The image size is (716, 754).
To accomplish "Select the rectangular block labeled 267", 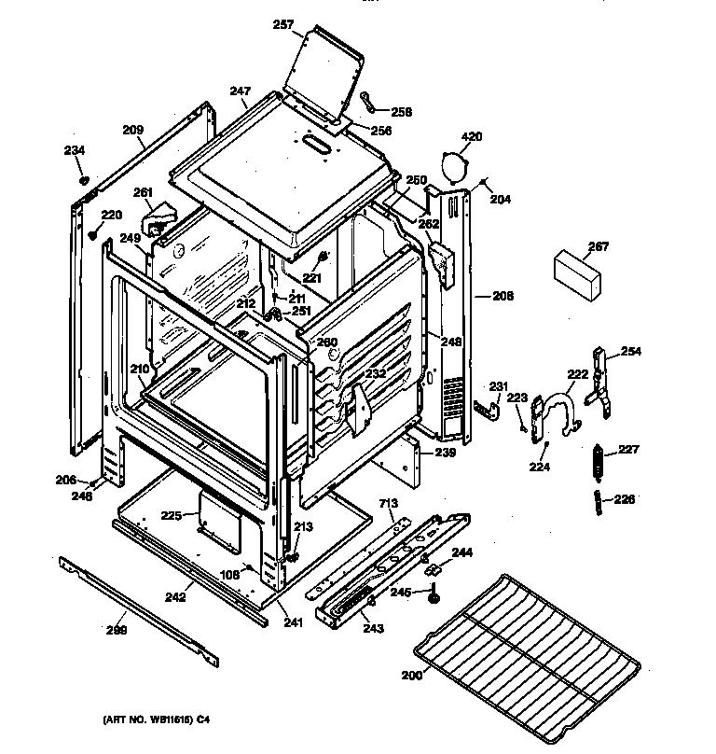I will click(573, 272).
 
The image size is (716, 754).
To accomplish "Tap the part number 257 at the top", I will click(283, 25).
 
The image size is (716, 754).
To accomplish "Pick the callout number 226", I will click(624, 499).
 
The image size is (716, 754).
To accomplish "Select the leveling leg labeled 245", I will click(435, 594).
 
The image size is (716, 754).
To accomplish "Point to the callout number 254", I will click(631, 352).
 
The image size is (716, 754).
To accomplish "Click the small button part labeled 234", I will click(83, 178).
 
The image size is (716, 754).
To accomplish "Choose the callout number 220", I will click(112, 215).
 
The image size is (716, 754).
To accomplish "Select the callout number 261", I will click(143, 193).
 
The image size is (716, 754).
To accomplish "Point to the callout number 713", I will click(387, 505).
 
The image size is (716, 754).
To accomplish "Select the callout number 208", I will click(503, 296).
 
